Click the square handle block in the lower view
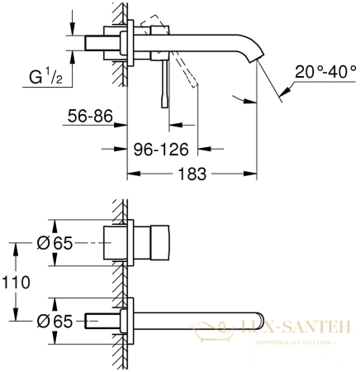coord(152,245)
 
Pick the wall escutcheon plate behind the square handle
coord(126,245)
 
